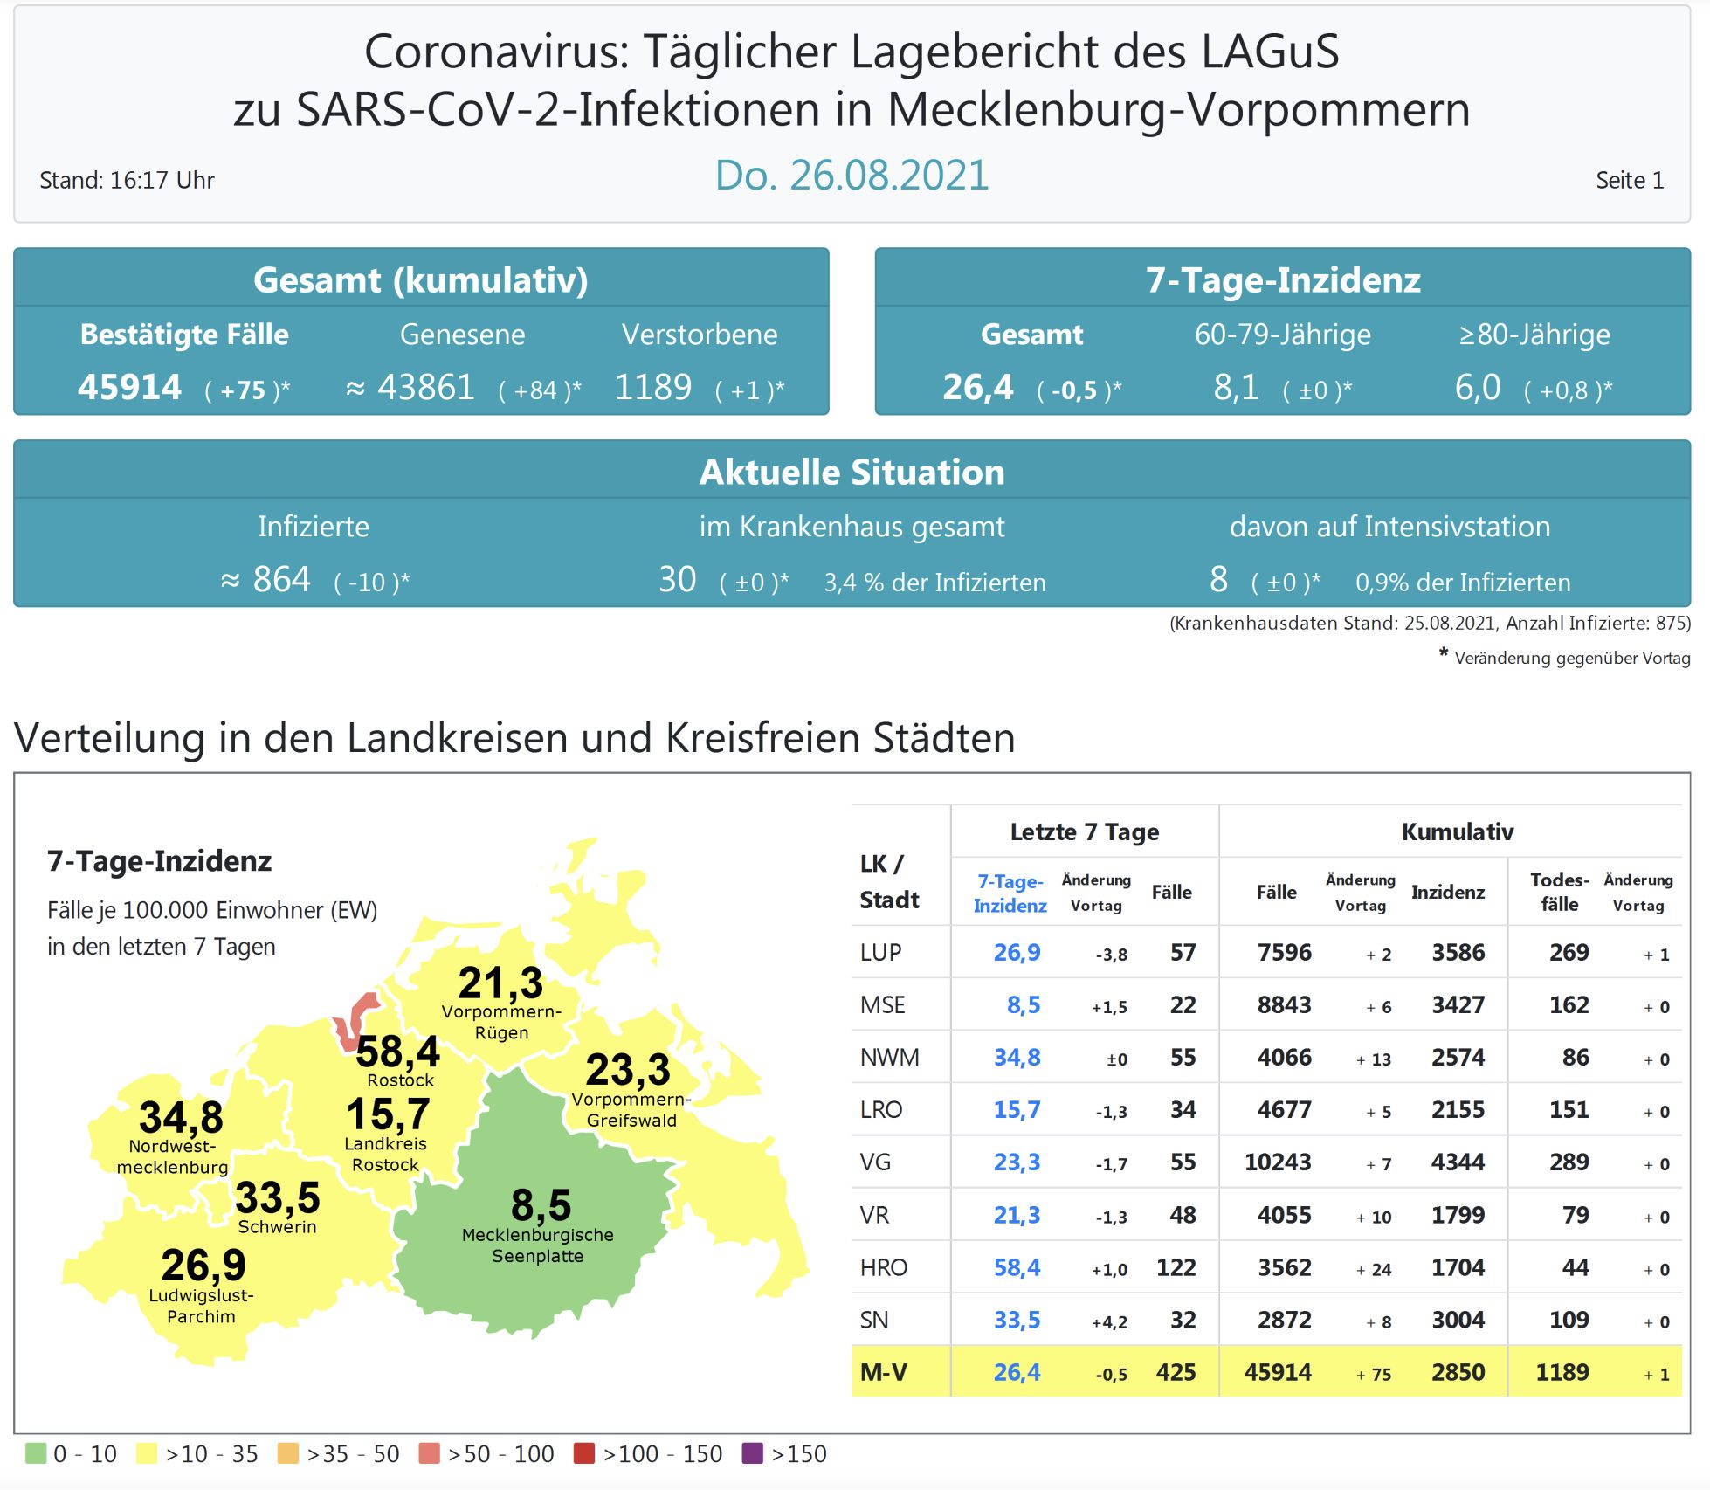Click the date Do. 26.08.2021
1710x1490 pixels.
point(852,176)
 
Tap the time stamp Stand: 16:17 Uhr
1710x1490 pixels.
point(127,181)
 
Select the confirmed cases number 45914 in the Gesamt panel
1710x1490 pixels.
point(129,387)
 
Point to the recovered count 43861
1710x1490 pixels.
point(425,387)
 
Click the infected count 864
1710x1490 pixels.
point(280,580)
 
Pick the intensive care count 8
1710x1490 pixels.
point(1218,580)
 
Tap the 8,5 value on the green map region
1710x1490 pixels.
point(541,1205)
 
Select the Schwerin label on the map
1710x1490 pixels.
point(277,1227)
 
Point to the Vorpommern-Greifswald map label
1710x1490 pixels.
point(631,1110)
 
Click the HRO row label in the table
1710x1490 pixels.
point(883,1267)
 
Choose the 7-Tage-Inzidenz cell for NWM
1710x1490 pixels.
point(1017,1058)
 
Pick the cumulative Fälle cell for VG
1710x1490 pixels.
point(1277,1162)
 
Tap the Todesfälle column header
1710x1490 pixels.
point(1559,892)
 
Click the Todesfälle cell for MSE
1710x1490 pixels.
point(1569,1005)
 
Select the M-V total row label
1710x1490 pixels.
point(883,1372)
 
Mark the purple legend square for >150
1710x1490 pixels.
point(752,1453)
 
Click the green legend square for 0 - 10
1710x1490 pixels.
point(36,1453)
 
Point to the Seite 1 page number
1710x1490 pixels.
point(1629,181)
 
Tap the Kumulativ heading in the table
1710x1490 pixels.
point(1457,831)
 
